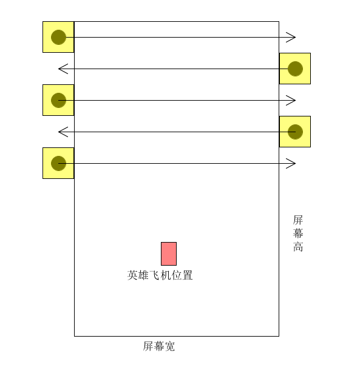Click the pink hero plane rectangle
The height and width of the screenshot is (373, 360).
point(169,254)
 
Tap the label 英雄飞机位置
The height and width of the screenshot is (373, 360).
point(160,275)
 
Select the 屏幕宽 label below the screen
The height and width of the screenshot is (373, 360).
point(159,346)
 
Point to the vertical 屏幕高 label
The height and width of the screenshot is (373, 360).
point(298,233)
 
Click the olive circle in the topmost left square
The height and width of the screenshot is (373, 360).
point(58,38)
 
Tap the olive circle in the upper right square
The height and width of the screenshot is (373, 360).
point(295,69)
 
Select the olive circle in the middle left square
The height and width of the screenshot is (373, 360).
point(58,101)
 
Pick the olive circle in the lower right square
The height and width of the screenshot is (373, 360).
point(295,132)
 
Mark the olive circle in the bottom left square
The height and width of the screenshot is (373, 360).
point(58,163)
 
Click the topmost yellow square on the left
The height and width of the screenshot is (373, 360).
point(58,37)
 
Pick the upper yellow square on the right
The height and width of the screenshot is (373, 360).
point(295,69)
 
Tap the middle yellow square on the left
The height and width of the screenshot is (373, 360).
point(58,100)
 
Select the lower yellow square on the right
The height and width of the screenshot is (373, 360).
point(295,132)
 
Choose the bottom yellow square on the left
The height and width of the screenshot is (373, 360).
point(58,163)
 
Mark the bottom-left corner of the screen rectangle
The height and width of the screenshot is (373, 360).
point(74,336)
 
